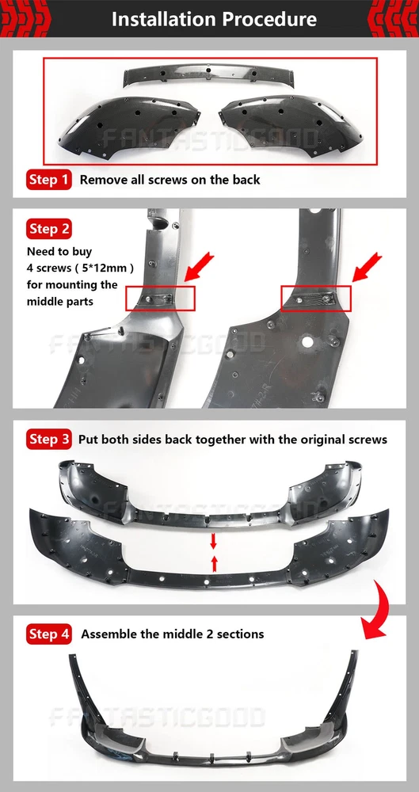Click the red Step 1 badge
coord(48,179)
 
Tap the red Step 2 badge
coord(48,229)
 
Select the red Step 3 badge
coord(48,439)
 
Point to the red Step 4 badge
coord(48,634)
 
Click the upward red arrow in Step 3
coord(214,564)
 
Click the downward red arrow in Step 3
coord(213,541)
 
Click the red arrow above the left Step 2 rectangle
coord(200,267)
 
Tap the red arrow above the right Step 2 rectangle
coord(368,267)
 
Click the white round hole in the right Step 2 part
coord(307,341)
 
